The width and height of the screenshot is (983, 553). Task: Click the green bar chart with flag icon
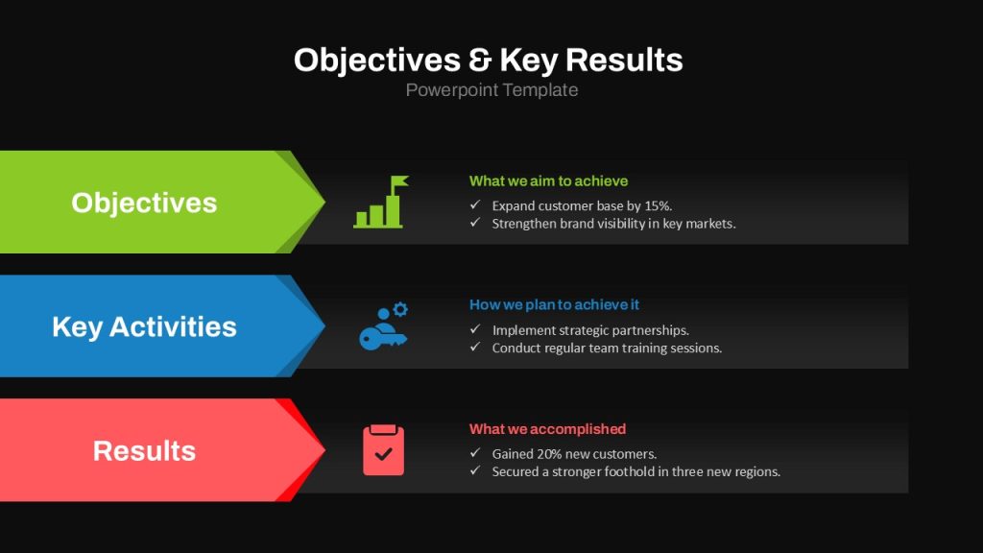[x=380, y=202]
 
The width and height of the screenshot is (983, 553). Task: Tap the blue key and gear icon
[x=383, y=326]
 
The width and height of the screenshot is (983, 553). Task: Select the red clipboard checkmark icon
[x=383, y=450]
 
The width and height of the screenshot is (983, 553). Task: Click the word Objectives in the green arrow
[x=144, y=203]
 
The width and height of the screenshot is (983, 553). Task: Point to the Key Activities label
[x=144, y=326]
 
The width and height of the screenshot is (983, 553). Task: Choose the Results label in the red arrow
[x=144, y=451]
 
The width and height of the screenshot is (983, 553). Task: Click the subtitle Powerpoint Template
[x=491, y=90]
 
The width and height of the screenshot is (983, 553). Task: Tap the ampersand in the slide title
[x=480, y=60]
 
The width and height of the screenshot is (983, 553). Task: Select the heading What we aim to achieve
[x=548, y=181]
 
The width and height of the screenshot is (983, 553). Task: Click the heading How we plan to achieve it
[x=554, y=304]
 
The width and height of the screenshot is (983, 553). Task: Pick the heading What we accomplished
[x=548, y=429]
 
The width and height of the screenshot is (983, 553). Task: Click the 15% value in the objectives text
[x=659, y=205]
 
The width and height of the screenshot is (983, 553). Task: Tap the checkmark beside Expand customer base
[x=475, y=204]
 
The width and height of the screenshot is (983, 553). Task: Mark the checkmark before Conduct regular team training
[x=475, y=347]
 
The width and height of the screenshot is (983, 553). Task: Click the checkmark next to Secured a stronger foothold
[x=475, y=470]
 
